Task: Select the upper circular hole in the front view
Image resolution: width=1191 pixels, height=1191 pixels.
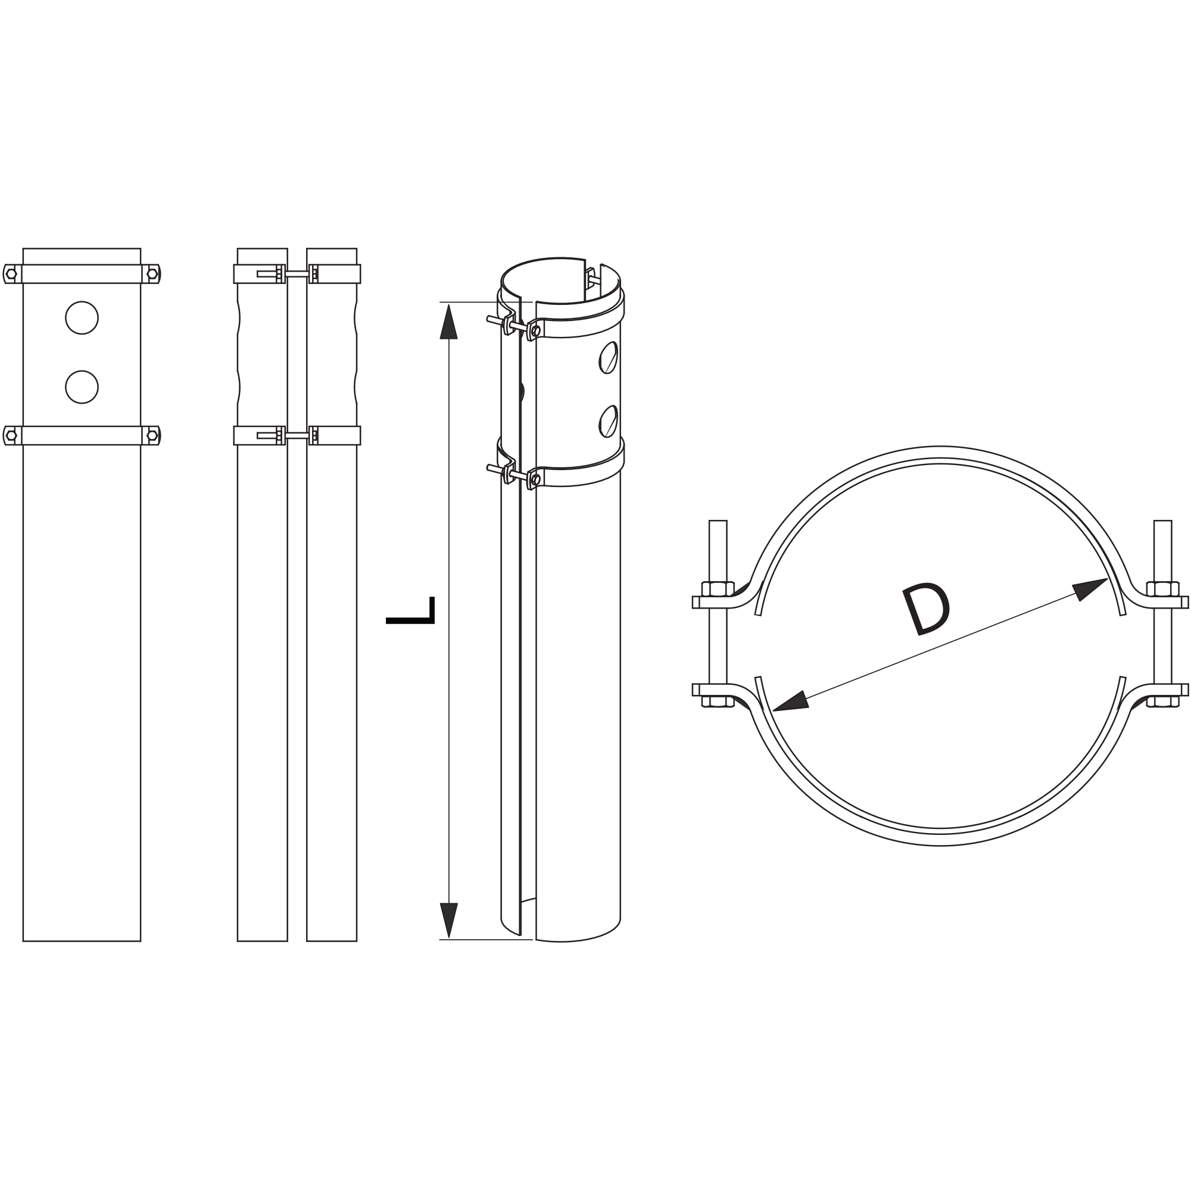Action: [82, 317]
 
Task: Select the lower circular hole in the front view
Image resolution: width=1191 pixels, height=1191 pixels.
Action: [82, 387]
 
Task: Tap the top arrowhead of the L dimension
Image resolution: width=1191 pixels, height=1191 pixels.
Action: [449, 321]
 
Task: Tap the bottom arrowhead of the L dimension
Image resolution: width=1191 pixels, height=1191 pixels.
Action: [449, 921]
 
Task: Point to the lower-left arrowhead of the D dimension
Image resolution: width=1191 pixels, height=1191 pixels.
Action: [790, 701]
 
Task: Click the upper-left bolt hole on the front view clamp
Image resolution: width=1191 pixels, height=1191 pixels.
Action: [11, 274]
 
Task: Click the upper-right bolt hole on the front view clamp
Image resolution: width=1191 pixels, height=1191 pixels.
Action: [152, 274]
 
